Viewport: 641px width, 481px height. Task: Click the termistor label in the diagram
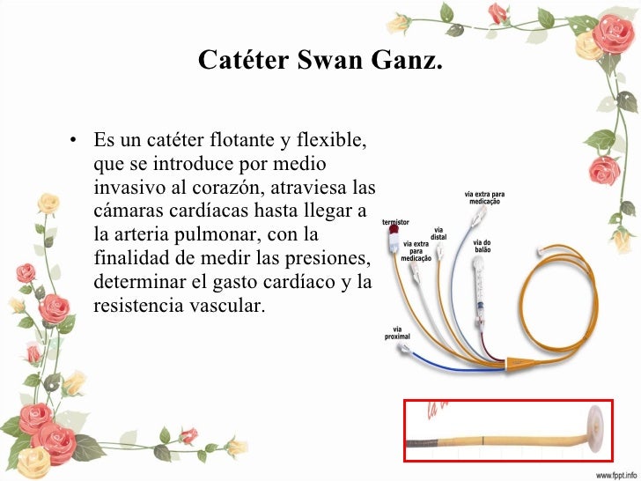pyautogui.click(x=394, y=223)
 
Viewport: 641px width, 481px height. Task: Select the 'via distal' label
pyautogui.click(x=438, y=233)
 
